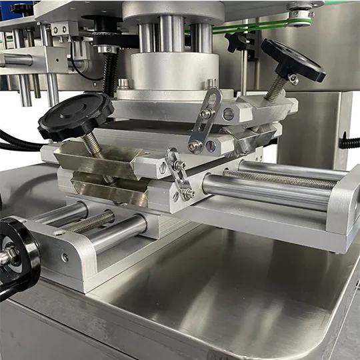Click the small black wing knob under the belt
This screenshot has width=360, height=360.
(238, 41)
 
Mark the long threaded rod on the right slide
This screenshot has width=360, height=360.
(280, 179)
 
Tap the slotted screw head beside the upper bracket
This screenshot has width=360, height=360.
(228, 114)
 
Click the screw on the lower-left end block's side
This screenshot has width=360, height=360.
(65, 257)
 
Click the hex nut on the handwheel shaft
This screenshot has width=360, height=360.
(7, 256)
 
